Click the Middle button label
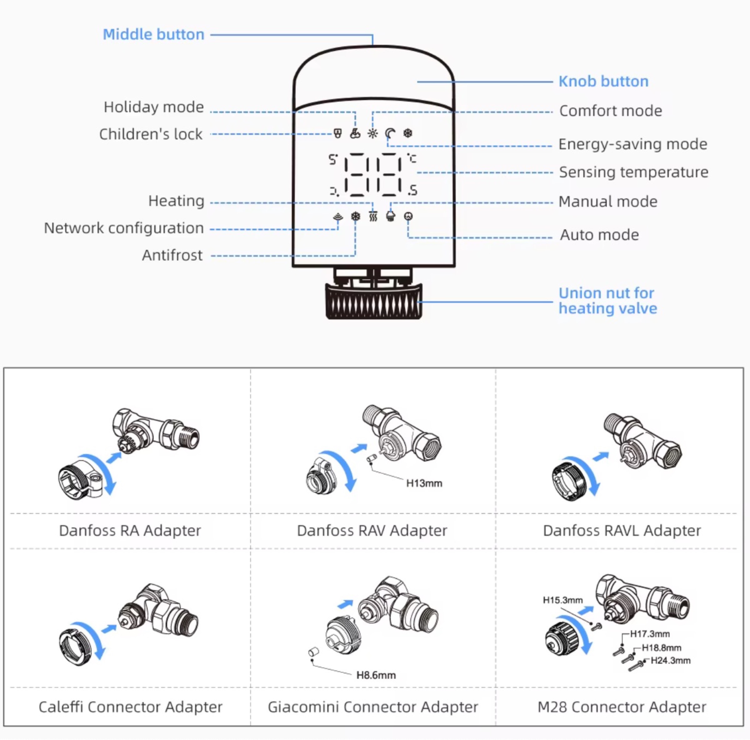pos(153,35)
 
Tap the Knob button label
pos(603,82)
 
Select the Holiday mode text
pos(153,107)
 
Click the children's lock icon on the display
pos(338,134)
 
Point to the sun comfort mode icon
pos(373,134)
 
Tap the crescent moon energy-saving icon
pos(390,134)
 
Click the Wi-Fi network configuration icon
pos(338,217)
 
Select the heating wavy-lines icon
pos(373,217)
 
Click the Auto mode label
pos(599,235)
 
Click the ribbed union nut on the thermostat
pos(373,302)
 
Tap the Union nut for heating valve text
pos(607,301)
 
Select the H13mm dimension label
pos(424,483)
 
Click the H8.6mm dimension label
pos(376,676)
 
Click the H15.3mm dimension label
pos(562,600)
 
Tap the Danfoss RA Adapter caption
pos(130,530)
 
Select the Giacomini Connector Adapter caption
pos(373,707)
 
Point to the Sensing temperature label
pos(633,172)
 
